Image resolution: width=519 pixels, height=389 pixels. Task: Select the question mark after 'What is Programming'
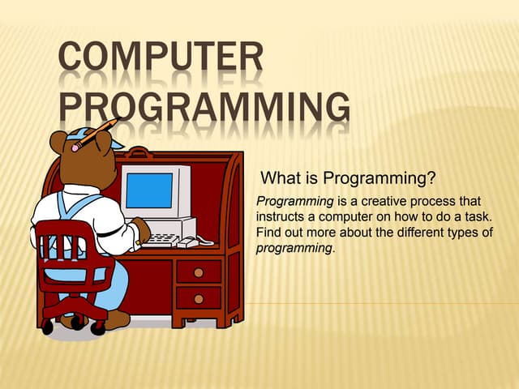click(432, 177)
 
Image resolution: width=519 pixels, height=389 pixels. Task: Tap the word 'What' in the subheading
click(278, 177)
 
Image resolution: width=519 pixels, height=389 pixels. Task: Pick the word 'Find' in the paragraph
click(269, 233)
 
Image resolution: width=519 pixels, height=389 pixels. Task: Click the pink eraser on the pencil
click(75, 147)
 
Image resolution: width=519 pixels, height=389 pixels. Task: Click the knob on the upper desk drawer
click(198, 272)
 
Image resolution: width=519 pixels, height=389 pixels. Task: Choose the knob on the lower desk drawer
click(198, 299)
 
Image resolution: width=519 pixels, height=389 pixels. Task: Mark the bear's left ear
click(58, 143)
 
